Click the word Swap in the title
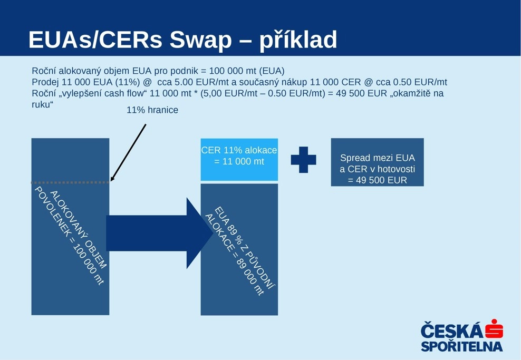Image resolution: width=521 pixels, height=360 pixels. (201, 41)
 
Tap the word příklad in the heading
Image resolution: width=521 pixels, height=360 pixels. (298, 40)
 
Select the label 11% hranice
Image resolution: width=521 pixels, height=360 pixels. (152, 110)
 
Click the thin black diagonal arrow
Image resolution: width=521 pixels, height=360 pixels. (128, 153)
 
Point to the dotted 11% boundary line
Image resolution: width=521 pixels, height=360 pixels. (70, 182)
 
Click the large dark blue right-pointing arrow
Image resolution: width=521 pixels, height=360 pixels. (160, 233)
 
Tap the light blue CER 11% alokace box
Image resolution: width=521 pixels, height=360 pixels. (239, 160)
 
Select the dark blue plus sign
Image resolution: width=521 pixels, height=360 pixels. (303, 160)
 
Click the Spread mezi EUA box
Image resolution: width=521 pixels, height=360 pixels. (377, 162)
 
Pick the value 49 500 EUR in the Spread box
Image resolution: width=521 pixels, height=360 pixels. (381, 180)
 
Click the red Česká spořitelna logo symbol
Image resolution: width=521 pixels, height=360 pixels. (494, 329)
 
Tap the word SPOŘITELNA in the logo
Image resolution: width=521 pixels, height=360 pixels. (462, 346)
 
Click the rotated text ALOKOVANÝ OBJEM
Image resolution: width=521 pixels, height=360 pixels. (79, 230)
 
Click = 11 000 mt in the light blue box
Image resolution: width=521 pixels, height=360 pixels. (239, 162)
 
